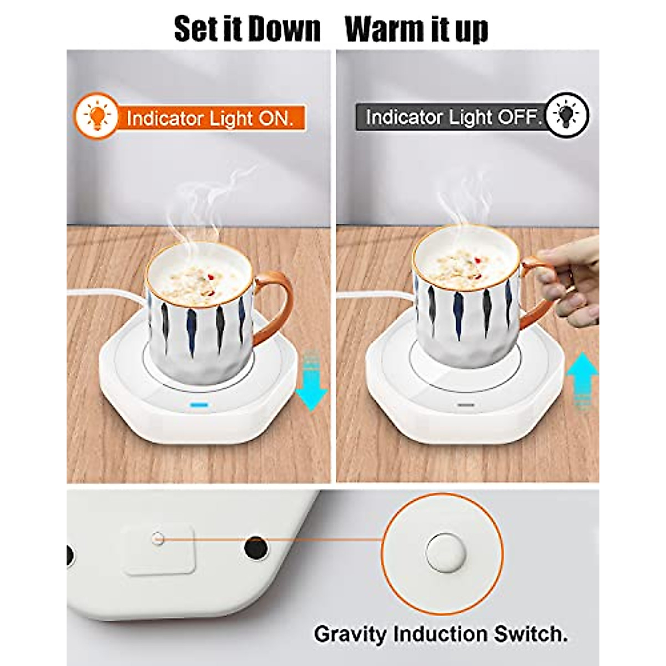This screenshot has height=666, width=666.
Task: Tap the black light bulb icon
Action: point(566,115)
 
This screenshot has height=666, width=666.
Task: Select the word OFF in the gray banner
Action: point(518,118)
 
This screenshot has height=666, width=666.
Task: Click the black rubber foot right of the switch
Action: point(256,547)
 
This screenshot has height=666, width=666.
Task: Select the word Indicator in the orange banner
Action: point(163,118)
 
